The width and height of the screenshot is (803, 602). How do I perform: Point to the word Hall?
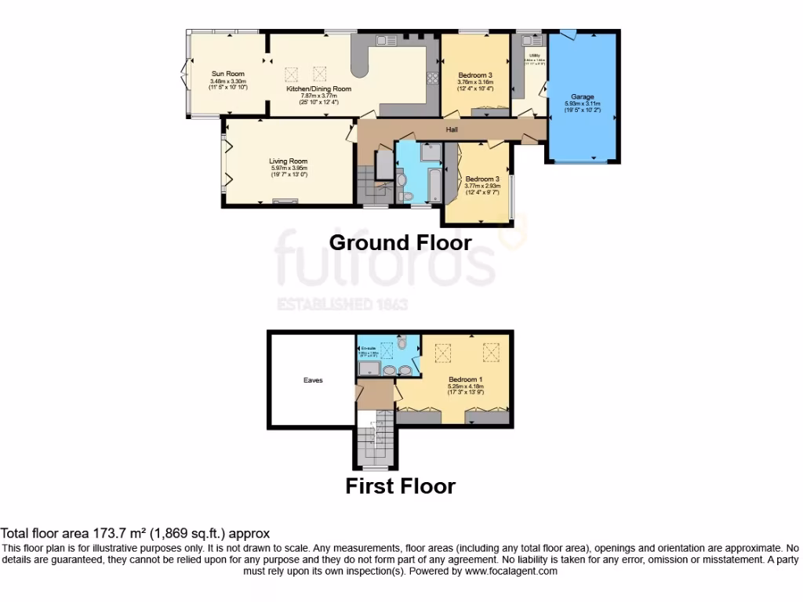pos(452,129)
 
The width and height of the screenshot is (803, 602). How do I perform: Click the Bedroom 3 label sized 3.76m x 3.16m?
pos(475,74)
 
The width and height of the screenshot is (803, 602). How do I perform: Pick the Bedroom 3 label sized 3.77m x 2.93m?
pos(482,179)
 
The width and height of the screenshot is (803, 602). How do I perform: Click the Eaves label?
pos(313,380)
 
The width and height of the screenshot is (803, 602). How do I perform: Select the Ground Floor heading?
pos(400,242)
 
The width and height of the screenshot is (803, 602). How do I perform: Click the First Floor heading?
pos(400,486)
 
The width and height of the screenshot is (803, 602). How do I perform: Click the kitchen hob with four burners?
pos(432,77)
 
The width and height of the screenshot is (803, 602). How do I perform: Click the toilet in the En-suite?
pos(401,343)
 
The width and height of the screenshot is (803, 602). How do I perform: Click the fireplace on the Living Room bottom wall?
pos(280,201)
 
